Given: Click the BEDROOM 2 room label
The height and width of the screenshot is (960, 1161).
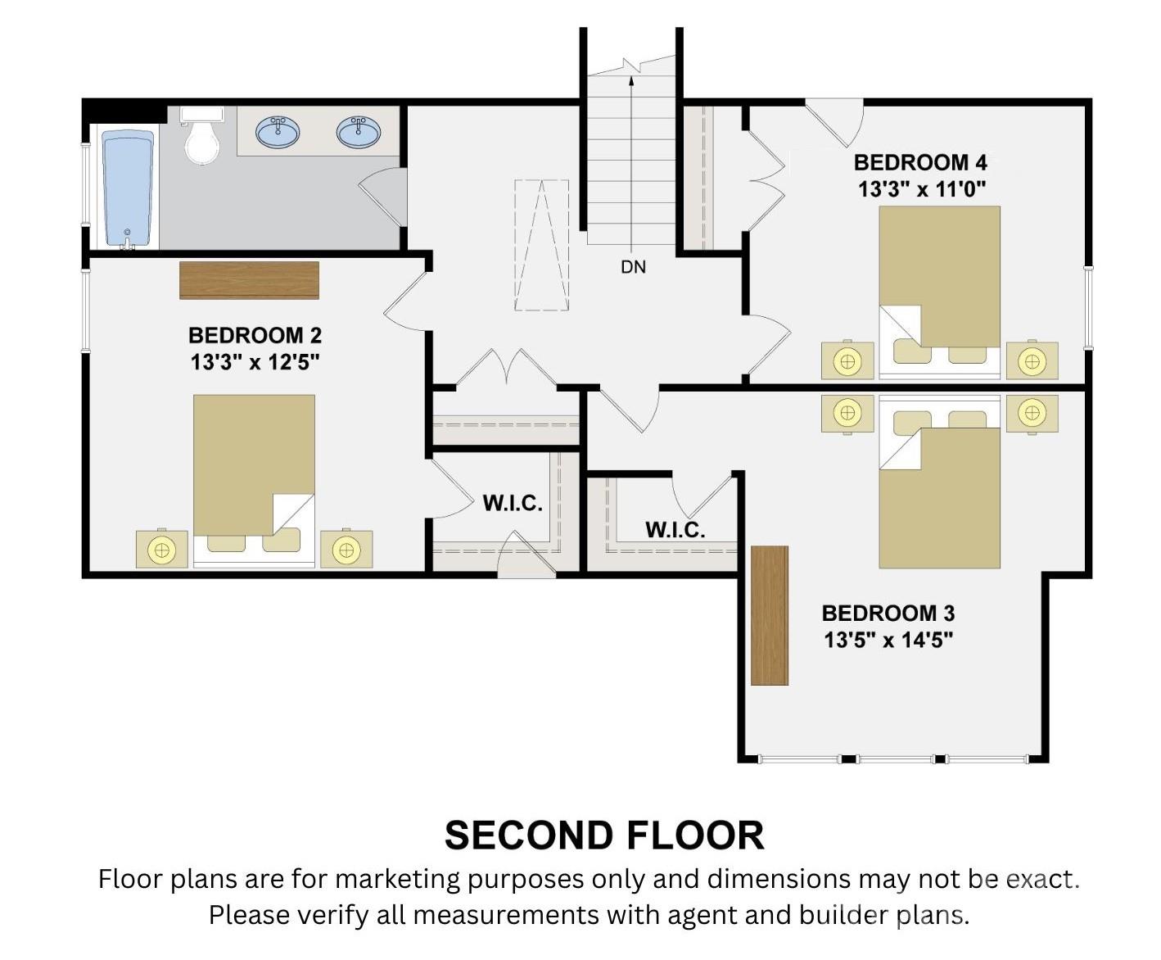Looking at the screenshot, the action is (x=255, y=335).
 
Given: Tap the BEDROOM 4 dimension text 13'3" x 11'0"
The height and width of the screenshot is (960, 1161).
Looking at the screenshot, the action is (x=921, y=190).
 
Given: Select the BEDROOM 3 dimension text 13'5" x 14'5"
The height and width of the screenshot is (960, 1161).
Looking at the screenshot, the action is (x=888, y=641).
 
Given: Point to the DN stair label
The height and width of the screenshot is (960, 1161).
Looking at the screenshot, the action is (x=634, y=268).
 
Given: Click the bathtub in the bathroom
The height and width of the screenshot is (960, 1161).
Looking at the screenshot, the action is (x=129, y=189).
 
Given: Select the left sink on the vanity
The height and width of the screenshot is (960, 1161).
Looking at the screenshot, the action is (x=278, y=133).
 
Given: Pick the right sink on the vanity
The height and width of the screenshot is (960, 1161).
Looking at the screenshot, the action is (x=359, y=133).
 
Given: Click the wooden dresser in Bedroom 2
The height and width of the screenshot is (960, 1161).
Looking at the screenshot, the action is (x=249, y=280).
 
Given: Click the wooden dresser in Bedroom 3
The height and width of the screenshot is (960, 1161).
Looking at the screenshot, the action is (x=770, y=615).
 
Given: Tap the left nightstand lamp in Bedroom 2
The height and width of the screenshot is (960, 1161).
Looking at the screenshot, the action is (x=162, y=550).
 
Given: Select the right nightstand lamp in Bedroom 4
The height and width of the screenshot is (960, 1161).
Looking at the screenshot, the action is (x=1032, y=361).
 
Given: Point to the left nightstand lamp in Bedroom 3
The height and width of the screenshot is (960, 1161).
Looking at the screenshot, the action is (x=847, y=414).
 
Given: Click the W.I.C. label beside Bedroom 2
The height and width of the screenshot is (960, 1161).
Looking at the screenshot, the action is (x=513, y=504).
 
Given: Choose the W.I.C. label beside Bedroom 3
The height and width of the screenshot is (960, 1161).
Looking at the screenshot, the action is (x=675, y=530).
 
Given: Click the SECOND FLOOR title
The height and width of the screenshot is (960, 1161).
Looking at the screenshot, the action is (x=604, y=836).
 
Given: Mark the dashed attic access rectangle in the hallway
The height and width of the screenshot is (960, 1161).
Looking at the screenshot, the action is (x=541, y=245).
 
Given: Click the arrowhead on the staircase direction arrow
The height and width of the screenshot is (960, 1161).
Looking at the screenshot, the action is (x=631, y=80).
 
